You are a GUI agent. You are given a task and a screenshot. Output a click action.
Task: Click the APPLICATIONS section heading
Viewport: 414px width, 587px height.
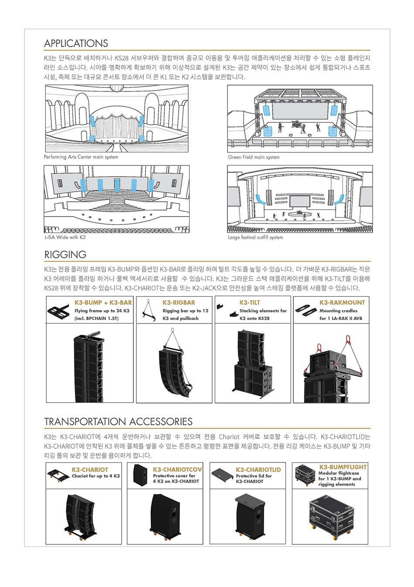76,44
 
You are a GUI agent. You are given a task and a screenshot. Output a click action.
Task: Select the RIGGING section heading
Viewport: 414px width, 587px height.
65,255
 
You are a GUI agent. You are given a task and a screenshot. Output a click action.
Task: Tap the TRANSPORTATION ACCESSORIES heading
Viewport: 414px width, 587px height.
118,422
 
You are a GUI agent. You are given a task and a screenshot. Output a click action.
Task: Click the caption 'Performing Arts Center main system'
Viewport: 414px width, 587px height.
81,157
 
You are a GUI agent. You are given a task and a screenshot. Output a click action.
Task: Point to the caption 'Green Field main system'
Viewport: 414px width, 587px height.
254,157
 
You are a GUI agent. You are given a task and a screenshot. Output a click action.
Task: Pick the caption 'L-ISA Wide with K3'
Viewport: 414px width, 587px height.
65,237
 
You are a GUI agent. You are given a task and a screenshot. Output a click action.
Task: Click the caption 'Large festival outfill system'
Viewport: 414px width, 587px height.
255,237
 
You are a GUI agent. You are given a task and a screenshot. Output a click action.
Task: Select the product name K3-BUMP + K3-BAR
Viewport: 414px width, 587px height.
103,303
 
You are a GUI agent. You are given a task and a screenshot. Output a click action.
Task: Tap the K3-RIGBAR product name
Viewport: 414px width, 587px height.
179,303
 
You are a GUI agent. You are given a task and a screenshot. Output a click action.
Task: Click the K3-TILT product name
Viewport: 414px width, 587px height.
250,303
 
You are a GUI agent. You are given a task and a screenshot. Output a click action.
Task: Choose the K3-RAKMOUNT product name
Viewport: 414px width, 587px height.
342,303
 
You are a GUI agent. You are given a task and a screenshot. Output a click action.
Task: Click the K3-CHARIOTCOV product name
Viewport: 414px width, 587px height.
177,470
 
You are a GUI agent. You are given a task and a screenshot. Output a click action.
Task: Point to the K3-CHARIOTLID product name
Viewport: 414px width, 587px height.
258,470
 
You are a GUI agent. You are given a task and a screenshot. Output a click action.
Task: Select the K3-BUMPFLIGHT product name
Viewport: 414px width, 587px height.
343,467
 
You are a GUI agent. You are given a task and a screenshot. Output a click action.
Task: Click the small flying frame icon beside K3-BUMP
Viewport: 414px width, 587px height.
59,311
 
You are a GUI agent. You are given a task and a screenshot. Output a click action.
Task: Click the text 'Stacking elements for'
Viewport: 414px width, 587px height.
263,311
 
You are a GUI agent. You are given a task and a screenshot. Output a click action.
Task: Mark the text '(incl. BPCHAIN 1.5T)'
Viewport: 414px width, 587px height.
96,319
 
